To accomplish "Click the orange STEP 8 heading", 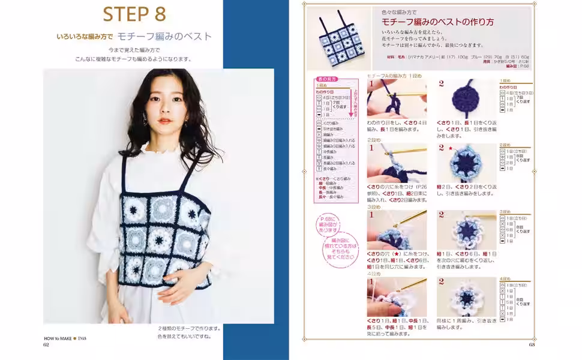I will (134, 13).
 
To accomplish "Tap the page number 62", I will (46, 344).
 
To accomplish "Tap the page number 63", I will (531, 344).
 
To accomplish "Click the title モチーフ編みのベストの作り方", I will (437, 22).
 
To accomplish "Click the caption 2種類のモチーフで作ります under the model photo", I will (190, 328).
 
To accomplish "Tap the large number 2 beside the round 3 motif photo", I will (441, 214).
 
